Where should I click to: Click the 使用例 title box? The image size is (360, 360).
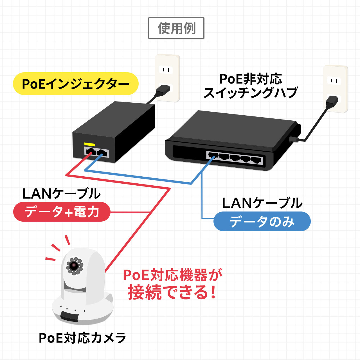point(176,28)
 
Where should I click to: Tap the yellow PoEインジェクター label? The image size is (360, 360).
point(76,84)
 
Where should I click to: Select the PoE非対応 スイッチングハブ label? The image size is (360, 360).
point(250,86)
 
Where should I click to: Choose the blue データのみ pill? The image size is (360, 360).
point(262,222)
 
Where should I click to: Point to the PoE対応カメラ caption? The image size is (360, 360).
point(82,338)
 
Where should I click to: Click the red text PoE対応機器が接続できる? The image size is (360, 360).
point(172,284)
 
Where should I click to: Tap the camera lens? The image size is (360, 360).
point(74,265)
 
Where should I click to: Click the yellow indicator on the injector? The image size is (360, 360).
point(89,144)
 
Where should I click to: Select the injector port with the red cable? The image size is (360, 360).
point(89,153)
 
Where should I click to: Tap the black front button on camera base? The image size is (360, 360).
point(69,316)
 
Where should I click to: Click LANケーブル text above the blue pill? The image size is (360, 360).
point(262,203)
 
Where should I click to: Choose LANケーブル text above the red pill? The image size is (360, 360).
point(61,194)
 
